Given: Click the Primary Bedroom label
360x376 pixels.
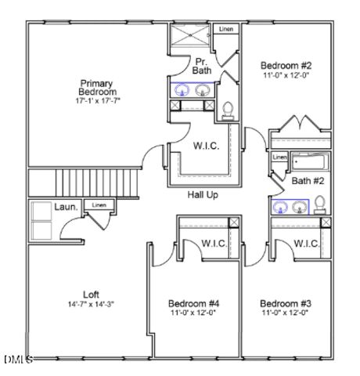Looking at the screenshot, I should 97,87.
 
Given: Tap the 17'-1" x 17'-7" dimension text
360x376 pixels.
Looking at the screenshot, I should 97,101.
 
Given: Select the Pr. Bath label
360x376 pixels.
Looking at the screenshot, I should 202,66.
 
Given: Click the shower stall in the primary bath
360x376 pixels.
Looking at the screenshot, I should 190,38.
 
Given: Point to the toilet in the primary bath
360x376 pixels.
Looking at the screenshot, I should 229,110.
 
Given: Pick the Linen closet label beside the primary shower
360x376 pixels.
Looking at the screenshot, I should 226,29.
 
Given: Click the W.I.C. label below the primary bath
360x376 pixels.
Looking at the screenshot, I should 206,146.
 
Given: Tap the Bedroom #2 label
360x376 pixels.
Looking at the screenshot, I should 286,65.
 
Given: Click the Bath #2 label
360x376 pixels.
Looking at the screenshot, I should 302,181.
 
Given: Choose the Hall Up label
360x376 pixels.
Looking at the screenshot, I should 203,194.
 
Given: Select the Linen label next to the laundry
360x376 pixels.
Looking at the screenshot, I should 99,205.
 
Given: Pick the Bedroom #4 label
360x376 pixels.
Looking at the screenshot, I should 193,302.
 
